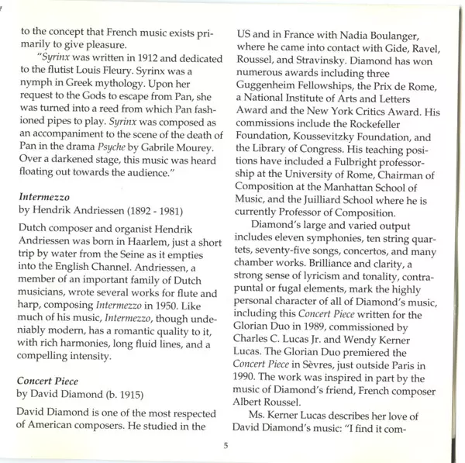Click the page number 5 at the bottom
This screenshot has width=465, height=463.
(226, 445)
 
